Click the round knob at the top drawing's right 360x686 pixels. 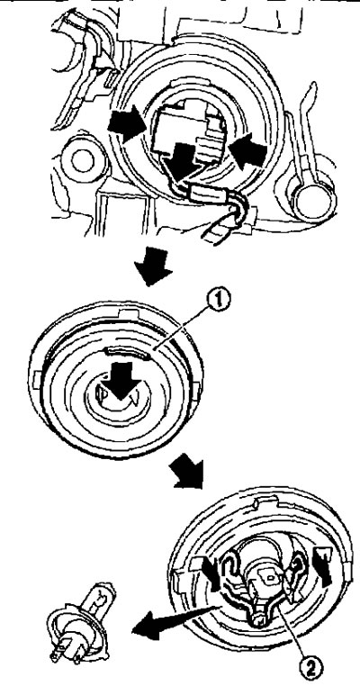314,202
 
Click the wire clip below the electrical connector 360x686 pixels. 204,192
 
